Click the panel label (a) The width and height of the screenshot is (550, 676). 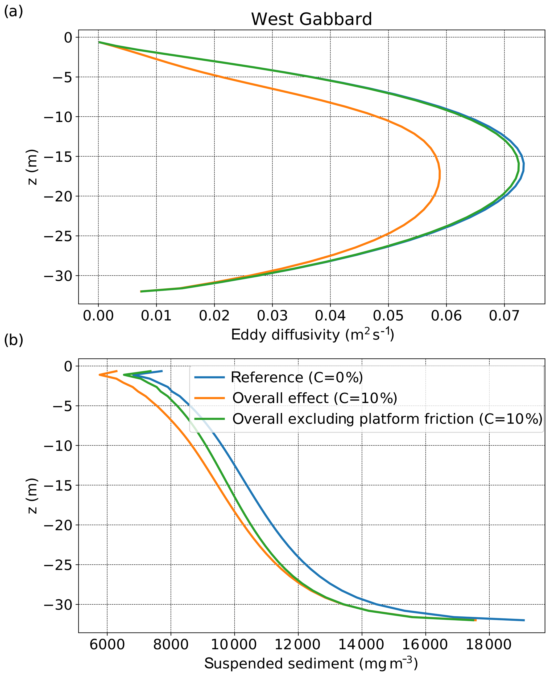pos(13,12)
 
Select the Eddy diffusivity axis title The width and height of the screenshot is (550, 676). pos(312,335)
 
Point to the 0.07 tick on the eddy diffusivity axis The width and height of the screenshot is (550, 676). pos(504,316)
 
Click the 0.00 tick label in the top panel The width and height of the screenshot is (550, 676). pos(98,316)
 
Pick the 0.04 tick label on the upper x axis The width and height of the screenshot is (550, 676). pos(330,316)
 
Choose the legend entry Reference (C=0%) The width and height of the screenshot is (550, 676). pos(296,378)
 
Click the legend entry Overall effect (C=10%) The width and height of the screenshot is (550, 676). pos(315,398)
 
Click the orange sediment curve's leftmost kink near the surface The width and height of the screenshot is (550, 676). pos(100,375)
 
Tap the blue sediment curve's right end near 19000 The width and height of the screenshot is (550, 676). pos(524,620)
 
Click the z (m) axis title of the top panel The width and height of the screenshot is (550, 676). pos(33,167)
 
